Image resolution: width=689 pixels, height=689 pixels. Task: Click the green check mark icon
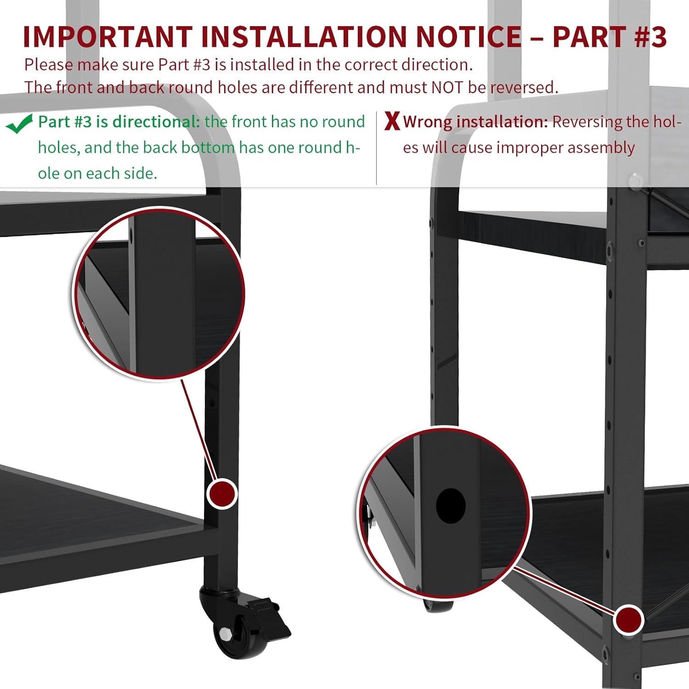click(x=20, y=124)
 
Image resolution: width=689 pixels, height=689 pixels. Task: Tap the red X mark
click(x=392, y=121)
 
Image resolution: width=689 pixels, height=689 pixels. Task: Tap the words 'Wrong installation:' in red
click(x=475, y=122)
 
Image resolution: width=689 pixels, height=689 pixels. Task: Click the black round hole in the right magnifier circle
click(x=451, y=505)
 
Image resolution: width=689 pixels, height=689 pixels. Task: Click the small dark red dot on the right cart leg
click(x=628, y=620)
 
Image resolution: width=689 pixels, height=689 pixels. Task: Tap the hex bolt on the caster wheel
click(x=226, y=634)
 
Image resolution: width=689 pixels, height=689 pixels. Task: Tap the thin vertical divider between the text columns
click(x=376, y=148)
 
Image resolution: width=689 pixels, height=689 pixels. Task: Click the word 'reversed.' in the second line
click(x=524, y=87)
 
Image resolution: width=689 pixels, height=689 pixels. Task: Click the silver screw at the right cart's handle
click(x=635, y=182)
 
